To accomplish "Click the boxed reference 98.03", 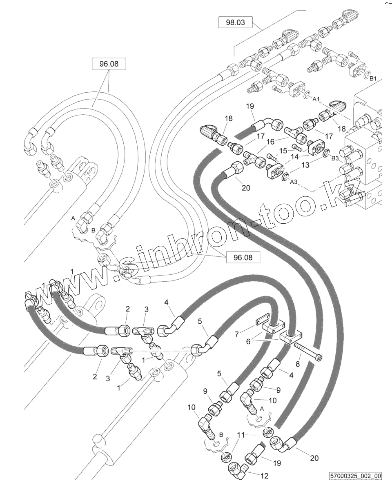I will (235, 22).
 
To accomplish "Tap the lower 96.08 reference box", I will (243, 257).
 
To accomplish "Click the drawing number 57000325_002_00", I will (356, 476).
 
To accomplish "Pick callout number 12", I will (265, 476).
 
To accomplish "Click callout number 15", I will (283, 151).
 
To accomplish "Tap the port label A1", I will (315, 99).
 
